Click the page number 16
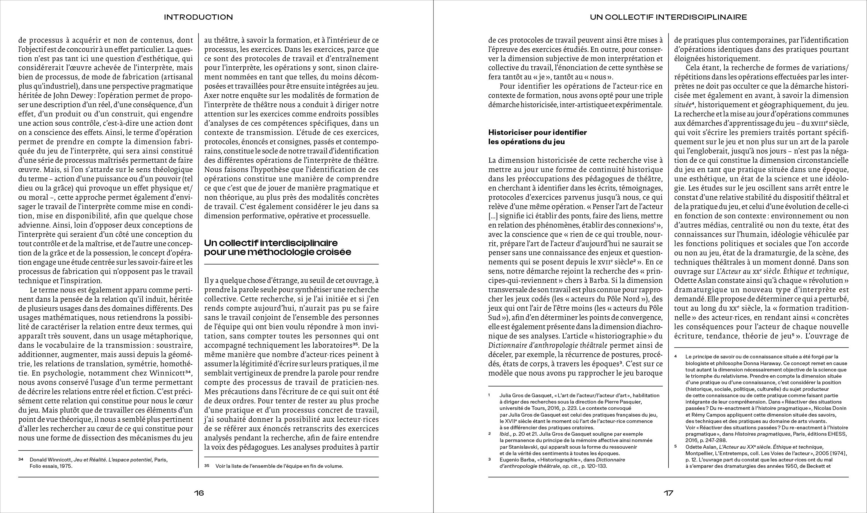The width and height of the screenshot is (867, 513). [199, 493]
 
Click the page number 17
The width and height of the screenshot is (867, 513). [668, 493]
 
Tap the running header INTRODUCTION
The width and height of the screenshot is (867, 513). [198, 17]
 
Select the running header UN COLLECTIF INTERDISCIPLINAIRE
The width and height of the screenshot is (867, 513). [669, 17]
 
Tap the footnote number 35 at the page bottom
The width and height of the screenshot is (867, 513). [207, 466]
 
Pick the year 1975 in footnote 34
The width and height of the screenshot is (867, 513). [66, 466]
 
